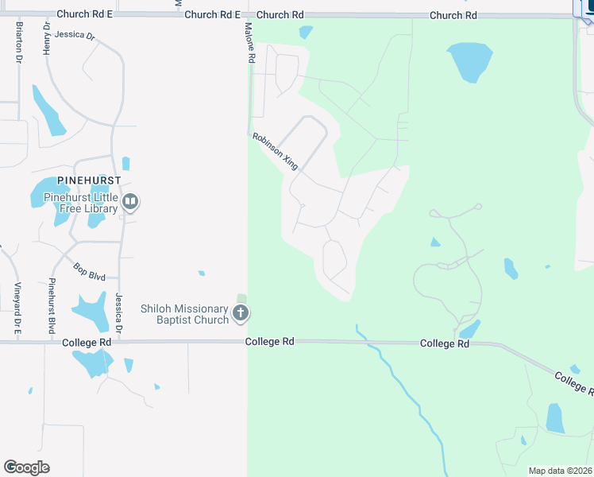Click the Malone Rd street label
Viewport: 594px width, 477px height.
tap(249, 44)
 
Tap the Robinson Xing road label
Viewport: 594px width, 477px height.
tap(275, 151)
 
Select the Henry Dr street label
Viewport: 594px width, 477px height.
tap(47, 39)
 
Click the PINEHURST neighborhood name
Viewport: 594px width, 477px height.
tap(88, 180)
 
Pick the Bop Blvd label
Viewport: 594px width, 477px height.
tap(90, 272)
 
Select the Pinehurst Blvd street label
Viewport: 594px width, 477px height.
tap(52, 306)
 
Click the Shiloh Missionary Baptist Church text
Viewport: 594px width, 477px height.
tap(184, 314)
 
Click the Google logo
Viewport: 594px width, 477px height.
tap(26, 467)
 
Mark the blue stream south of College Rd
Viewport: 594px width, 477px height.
tap(405, 390)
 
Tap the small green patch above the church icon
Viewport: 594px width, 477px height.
tap(241, 299)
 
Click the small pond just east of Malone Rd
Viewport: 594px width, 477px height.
tap(305, 33)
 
